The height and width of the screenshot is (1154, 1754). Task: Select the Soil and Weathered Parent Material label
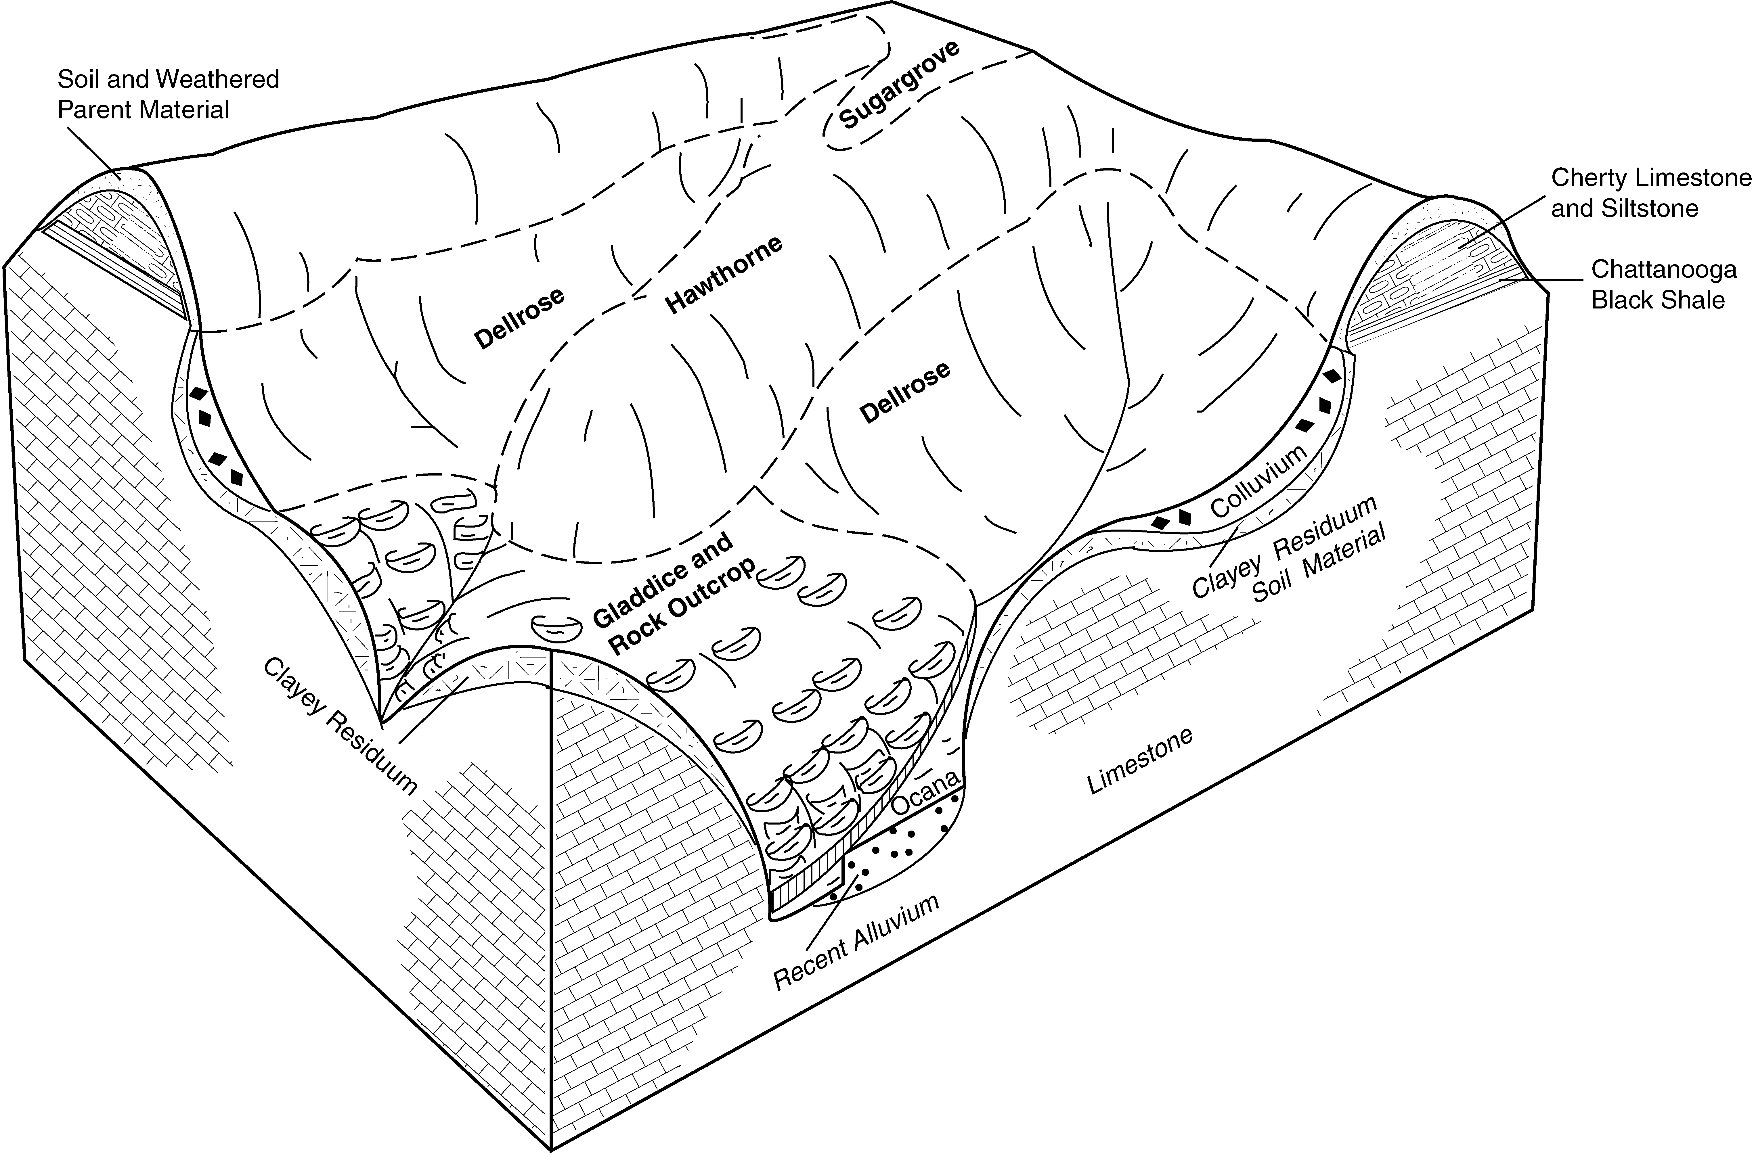click(x=168, y=94)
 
